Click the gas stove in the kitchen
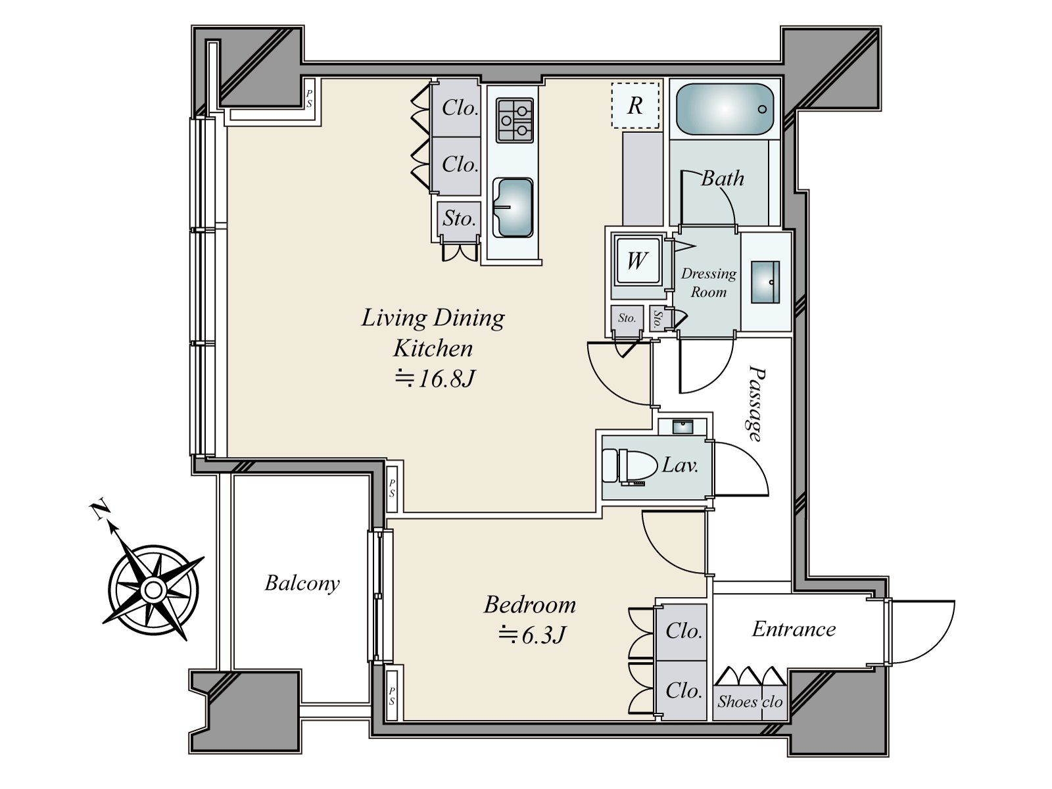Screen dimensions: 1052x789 coord(514,120)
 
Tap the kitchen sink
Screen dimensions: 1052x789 coord(513,208)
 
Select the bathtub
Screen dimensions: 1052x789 coord(725,109)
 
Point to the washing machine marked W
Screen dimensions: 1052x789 coord(637,260)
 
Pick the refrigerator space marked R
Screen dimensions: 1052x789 coord(635,105)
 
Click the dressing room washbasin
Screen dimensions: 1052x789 coord(765,282)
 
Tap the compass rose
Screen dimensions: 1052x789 coord(153,590)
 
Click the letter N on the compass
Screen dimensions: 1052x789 coord(99,511)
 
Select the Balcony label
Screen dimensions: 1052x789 coord(302,583)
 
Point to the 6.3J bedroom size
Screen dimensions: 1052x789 coord(532,635)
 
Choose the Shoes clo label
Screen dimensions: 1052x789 coord(750,702)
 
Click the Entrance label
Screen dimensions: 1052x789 coord(794,629)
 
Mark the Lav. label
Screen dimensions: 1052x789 coord(680,465)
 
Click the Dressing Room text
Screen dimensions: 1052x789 coord(708,283)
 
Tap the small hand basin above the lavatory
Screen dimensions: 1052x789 coord(682,426)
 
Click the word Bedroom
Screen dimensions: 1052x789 coord(529,604)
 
